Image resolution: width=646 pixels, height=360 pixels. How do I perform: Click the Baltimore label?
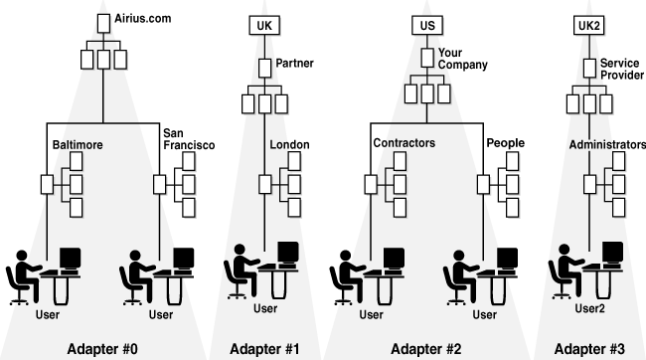click(78, 145)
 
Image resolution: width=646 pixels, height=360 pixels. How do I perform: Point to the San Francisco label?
click(189, 138)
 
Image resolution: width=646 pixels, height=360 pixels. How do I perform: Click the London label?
click(289, 144)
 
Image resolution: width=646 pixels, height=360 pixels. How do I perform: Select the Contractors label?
click(404, 143)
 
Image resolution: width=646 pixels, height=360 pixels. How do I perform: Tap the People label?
click(505, 143)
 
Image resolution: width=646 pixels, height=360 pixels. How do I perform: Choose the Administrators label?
click(607, 144)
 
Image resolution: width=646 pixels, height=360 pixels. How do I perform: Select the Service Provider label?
click(621, 69)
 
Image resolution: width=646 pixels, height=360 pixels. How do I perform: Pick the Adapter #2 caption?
click(426, 348)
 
